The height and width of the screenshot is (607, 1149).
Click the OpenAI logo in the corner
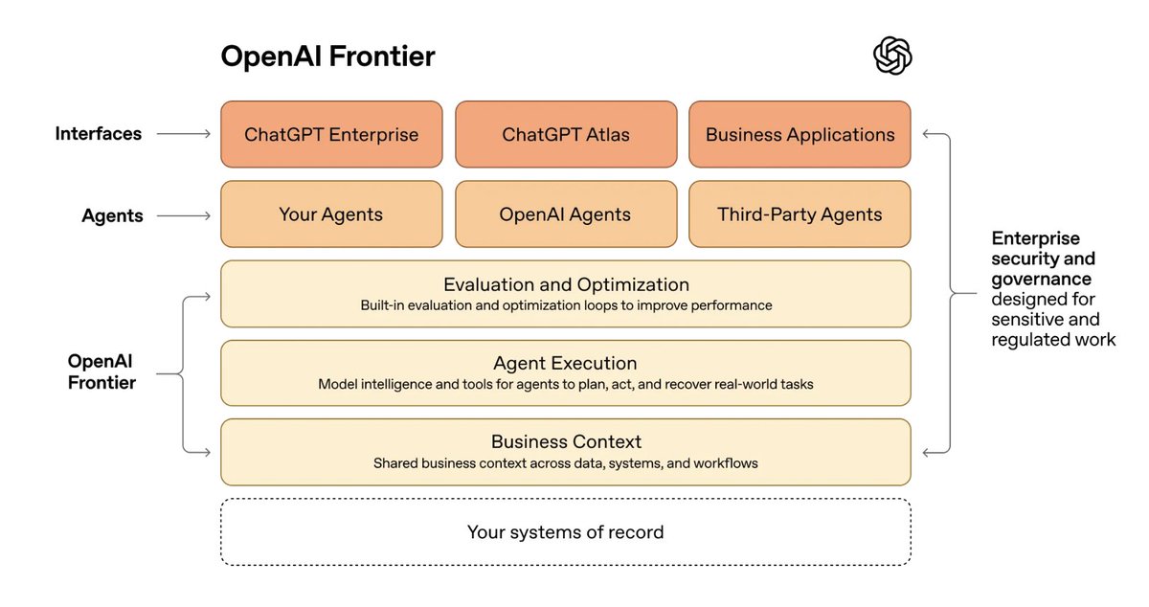[x=892, y=56]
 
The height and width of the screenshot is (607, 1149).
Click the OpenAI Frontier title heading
[x=327, y=56]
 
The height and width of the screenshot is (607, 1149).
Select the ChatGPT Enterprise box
[x=331, y=135]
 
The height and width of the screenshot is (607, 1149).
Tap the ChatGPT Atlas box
[x=566, y=135]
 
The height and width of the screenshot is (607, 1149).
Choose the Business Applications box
[x=800, y=135]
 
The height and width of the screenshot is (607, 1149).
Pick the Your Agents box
[x=331, y=214]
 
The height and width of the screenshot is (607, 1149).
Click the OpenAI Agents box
[x=566, y=214]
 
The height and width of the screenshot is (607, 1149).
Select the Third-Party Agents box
[x=800, y=214]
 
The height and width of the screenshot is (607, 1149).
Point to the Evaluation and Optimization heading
[x=566, y=284]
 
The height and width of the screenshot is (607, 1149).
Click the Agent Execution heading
[x=566, y=363]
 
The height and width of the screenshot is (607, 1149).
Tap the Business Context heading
[x=566, y=442]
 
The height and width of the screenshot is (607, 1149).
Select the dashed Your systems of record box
[x=566, y=531]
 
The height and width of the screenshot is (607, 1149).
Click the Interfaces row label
[x=99, y=134]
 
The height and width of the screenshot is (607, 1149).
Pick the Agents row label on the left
[x=112, y=215]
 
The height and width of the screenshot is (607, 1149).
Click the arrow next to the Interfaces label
[x=184, y=135]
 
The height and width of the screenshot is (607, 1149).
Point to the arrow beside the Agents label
[x=184, y=216]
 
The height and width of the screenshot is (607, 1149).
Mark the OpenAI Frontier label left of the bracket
[x=101, y=371]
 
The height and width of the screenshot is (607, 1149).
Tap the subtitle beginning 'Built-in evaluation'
[x=566, y=306]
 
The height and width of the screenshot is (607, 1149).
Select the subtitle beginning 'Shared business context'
[x=566, y=463]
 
